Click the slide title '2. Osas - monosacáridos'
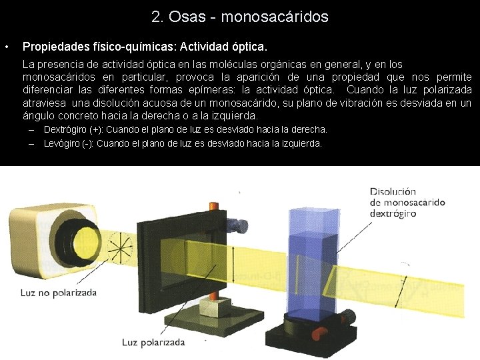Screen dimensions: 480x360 [x=240, y=17]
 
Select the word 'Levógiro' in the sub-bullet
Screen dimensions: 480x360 [x=61, y=143]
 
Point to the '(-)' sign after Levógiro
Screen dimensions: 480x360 [x=87, y=143]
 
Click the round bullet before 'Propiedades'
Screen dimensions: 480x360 [x=6, y=48]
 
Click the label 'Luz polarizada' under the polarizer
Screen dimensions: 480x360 [x=153, y=342]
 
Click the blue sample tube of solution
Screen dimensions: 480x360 [x=309, y=260]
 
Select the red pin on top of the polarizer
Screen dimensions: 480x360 [x=239, y=192]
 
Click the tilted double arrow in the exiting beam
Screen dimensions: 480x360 [x=401, y=290]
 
